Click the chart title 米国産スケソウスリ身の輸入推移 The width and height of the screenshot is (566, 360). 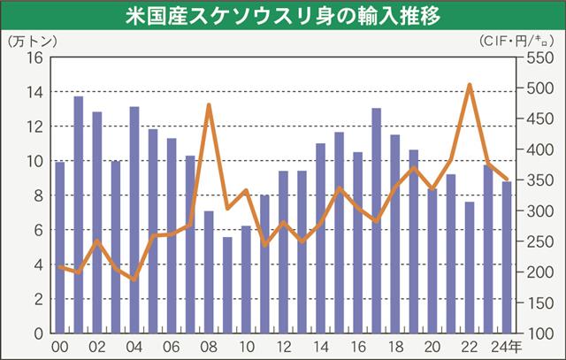[x=283, y=16]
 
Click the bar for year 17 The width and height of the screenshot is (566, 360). [x=376, y=220]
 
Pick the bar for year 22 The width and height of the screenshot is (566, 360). [x=469, y=267]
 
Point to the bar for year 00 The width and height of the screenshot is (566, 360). [x=60, y=247]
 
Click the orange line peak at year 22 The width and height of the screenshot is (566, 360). [x=470, y=85]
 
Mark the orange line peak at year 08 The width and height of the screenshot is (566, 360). [x=209, y=105]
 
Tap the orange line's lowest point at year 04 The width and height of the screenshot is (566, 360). [x=134, y=280]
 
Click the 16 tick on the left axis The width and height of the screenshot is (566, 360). [x=35, y=58]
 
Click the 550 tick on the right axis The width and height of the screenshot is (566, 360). [x=539, y=58]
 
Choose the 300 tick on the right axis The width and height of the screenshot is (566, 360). [x=539, y=211]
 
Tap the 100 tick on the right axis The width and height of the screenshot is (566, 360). [x=539, y=333]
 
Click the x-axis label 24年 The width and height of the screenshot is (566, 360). [x=510, y=348]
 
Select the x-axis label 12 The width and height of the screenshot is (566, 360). [x=283, y=348]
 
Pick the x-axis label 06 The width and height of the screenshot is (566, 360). [x=172, y=348]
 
